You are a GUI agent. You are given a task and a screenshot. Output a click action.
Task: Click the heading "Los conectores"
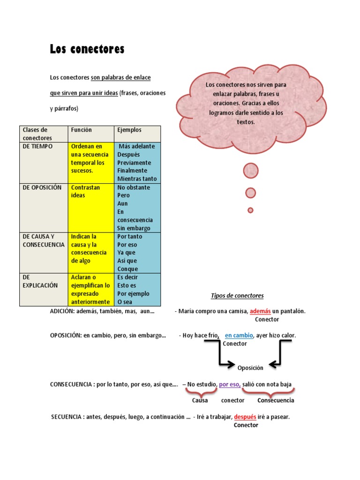[87, 49]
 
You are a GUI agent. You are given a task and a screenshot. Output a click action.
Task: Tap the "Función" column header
[82, 130]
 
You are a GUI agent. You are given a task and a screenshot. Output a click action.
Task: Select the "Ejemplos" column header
[129, 130]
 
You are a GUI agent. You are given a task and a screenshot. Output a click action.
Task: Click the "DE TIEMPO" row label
[38, 146]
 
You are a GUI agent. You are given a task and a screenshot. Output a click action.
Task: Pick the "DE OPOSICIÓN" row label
[42, 187]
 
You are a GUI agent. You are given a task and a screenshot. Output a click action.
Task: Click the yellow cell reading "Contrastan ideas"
[85, 191]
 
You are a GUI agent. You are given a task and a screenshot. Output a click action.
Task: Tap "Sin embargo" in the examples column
[134, 228]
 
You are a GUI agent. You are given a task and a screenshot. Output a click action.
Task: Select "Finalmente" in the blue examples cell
[132, 171]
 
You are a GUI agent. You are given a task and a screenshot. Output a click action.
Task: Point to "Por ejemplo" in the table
[134, 293]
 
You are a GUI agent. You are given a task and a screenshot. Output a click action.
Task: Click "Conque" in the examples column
[127, 269]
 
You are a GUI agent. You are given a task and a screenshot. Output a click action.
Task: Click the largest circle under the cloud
[251, 171]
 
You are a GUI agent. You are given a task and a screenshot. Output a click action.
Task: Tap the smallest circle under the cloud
[250, 210]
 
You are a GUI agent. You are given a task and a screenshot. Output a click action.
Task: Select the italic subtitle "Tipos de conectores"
[237, 296]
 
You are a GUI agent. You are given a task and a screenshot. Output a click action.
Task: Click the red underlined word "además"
[260, 311]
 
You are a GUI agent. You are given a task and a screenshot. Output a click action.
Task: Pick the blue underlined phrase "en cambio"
[239, 336]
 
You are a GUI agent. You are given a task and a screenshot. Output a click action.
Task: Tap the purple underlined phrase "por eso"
[230, 384]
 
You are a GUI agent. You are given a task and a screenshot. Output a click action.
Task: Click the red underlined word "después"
[245, 417]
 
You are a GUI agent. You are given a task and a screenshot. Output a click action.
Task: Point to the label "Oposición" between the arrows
[250, 368]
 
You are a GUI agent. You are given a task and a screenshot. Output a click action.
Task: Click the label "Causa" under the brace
[200, 401]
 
